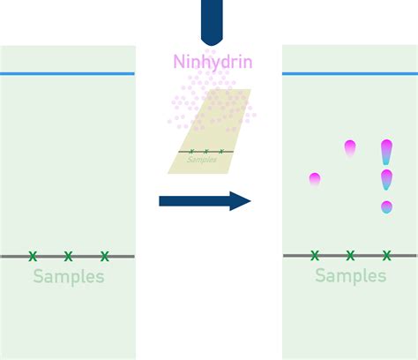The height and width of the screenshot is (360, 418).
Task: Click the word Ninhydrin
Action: click(x=213, y=62)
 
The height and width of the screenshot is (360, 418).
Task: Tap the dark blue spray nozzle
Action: click(x=212, y=22)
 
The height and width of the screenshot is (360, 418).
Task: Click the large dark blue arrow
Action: click(x=205, y=201)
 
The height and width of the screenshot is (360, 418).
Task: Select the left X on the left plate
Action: click(x=33, y=256)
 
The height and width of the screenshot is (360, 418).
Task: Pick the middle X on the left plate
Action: click(x=68, y=256)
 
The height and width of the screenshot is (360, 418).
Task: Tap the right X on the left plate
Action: click(x=105, y=256)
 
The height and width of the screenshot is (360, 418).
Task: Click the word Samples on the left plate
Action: click(x=69, y=276)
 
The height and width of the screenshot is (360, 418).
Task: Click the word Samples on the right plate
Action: click(x=351, y=275)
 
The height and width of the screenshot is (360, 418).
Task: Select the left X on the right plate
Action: click(x=315, y=255)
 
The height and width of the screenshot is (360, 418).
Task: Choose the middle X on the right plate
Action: click(x=350, y=255)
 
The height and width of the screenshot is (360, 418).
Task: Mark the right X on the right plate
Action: click(x=387, y=255)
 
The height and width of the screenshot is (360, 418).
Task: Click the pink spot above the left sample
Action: click(x=315, y=179)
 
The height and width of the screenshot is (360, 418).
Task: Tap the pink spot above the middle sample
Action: click(x=350, y=148)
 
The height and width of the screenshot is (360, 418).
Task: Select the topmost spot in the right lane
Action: click(x=386, y=152)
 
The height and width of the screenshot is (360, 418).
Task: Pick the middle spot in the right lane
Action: click(x=386, y=180)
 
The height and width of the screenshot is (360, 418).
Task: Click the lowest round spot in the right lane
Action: click(x=386, y=207)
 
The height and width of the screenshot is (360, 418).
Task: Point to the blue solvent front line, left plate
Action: click(x=67, y=73)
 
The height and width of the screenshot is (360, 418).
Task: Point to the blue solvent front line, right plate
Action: click(x=350, y=73)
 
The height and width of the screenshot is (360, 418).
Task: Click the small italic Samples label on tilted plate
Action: click(x=202, y=160)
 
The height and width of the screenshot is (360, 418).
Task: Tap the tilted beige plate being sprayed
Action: click(x=209, y=131)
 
